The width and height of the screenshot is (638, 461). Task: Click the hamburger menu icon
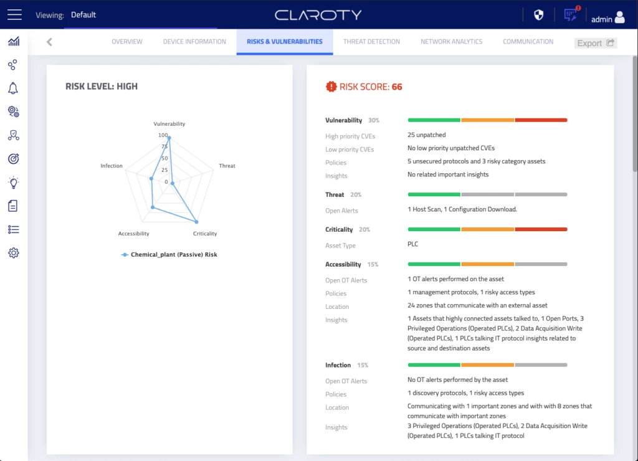tap(14, 14)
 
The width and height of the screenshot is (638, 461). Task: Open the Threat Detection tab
tap(371, 42)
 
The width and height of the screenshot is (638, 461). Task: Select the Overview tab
tap(127, 42)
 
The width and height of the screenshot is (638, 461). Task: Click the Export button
tap(595, 43)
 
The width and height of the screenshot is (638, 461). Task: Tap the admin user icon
tap(619, 17)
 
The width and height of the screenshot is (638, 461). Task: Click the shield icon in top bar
tap(539, 15)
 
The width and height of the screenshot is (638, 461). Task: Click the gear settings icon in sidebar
tap(14, 253)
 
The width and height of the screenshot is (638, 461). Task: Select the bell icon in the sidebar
tap(13, 88)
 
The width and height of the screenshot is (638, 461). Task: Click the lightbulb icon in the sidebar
tap(13, 183)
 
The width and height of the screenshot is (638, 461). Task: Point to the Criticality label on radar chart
tap(205, 234)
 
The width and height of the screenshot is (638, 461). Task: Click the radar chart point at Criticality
tap(196, 222)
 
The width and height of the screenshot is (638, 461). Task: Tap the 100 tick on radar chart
tap(163, 135)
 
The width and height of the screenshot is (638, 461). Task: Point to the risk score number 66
tap(396, 87)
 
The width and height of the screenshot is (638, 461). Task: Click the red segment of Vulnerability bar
tap(541, 120)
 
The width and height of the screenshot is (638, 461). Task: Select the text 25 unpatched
tap(426, 135)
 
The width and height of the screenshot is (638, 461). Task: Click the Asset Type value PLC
tap(412, 244)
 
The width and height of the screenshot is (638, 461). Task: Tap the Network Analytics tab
tap(451, 42)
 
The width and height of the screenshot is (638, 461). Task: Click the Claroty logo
tap(318, 15)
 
